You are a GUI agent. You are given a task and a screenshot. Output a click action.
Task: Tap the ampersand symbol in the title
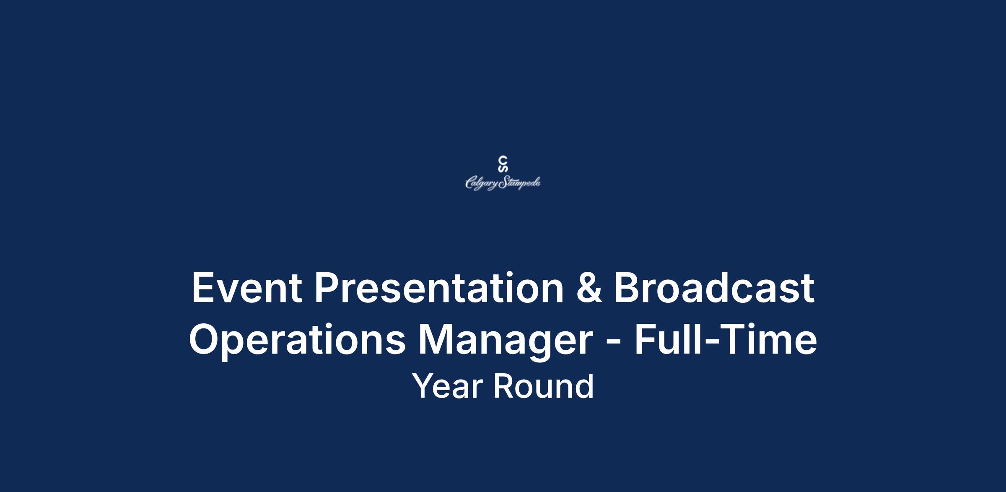[589, 288]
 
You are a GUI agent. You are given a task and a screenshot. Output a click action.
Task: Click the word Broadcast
[714, 288]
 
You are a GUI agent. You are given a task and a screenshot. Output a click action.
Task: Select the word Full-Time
[726, 339]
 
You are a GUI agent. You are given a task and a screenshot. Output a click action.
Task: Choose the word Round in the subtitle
[543, 386]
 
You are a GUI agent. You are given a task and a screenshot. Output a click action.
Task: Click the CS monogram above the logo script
[503, 164]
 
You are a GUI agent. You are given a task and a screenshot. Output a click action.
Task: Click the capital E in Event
[202, 288]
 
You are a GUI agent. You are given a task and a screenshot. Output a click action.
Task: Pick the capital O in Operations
[205, 339]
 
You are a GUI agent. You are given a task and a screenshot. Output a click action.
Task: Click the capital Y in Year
[424, 386]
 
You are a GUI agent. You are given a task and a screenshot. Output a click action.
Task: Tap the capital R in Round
[503, 386]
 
